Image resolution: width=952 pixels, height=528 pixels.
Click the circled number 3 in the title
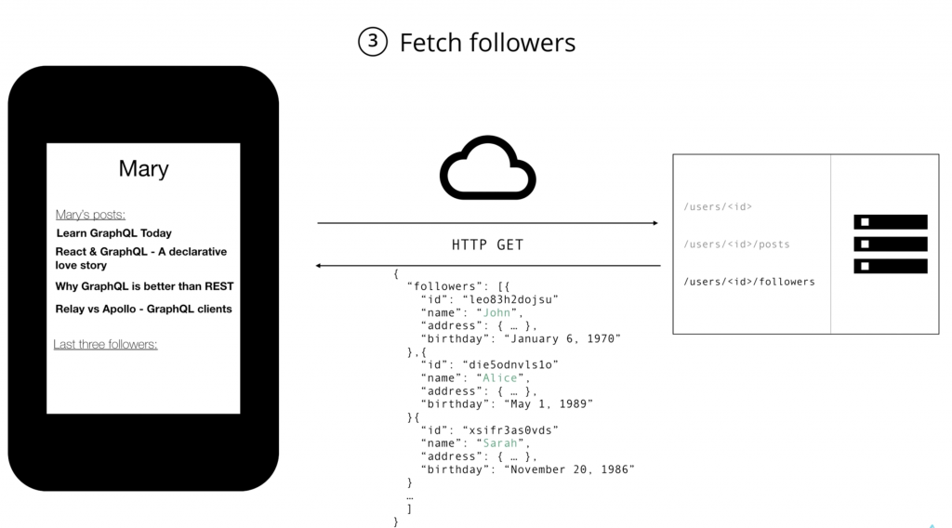(372, 42)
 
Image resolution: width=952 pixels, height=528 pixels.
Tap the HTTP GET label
(487, 245)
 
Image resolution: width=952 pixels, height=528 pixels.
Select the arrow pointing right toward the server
(487, 223)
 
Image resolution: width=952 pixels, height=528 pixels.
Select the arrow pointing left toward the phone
(487, 266)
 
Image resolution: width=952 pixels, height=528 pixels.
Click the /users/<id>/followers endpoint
(749, 282)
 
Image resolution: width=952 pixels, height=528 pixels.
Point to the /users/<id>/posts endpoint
(736, 244)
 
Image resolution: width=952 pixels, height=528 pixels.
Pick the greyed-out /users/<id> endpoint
(718, 206)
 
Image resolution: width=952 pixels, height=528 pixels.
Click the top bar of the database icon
(890, 222)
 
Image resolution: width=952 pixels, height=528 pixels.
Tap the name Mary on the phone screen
(143, 169)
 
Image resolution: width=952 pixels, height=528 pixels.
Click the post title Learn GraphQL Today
(113, 233)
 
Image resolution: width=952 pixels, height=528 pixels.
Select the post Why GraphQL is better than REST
(144, 286)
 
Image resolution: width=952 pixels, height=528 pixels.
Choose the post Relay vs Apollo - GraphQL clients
(143, 309)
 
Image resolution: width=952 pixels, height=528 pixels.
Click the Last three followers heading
(105, 345)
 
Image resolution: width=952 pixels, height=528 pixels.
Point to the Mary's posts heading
(90, 215)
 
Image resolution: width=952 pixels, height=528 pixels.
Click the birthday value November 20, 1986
(569, 469)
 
